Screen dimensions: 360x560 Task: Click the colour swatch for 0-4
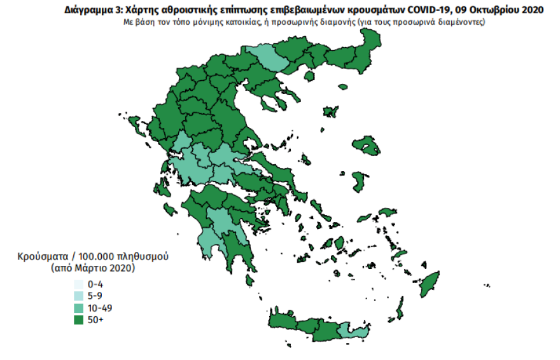point(78,284)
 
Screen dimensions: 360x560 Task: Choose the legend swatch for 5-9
point(78,296)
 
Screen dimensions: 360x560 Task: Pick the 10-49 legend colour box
point(78,308)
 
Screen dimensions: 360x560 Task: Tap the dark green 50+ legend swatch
point(78,319)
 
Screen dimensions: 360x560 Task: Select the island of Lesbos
point(367,146)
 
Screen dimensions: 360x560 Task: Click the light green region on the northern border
point(261,57)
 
